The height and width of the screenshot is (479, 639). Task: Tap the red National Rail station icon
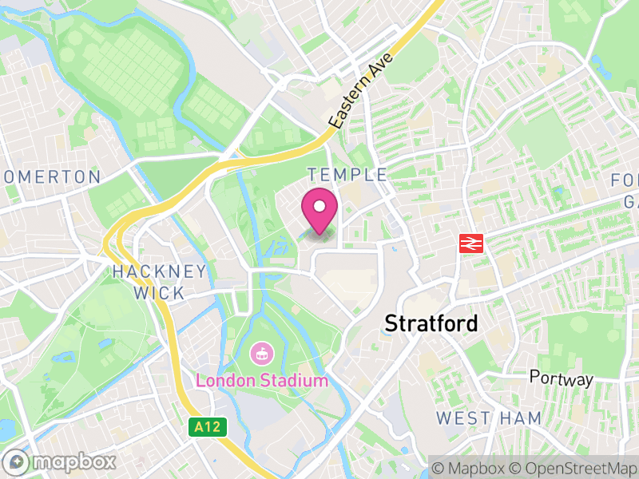click(471, 243)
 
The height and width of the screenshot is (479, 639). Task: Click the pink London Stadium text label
click(261, 380)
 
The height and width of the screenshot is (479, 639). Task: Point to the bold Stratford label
click(431, 323)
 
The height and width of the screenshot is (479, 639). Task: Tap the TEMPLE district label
click(347, 175)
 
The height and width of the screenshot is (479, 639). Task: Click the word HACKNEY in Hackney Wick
click(159, 271)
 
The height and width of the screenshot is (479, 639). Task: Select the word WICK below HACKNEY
click(159, 293)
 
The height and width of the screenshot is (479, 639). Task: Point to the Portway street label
click(563, 379)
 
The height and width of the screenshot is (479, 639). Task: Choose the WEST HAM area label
click(489, 418)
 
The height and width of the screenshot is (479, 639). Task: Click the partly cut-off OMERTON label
click(51, 176)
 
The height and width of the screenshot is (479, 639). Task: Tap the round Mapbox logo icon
click(17, 462)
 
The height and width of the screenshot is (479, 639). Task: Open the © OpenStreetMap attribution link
click(572, 466)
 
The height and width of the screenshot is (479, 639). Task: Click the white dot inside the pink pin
click(319, 207)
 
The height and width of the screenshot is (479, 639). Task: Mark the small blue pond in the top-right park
click(597, 61)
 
